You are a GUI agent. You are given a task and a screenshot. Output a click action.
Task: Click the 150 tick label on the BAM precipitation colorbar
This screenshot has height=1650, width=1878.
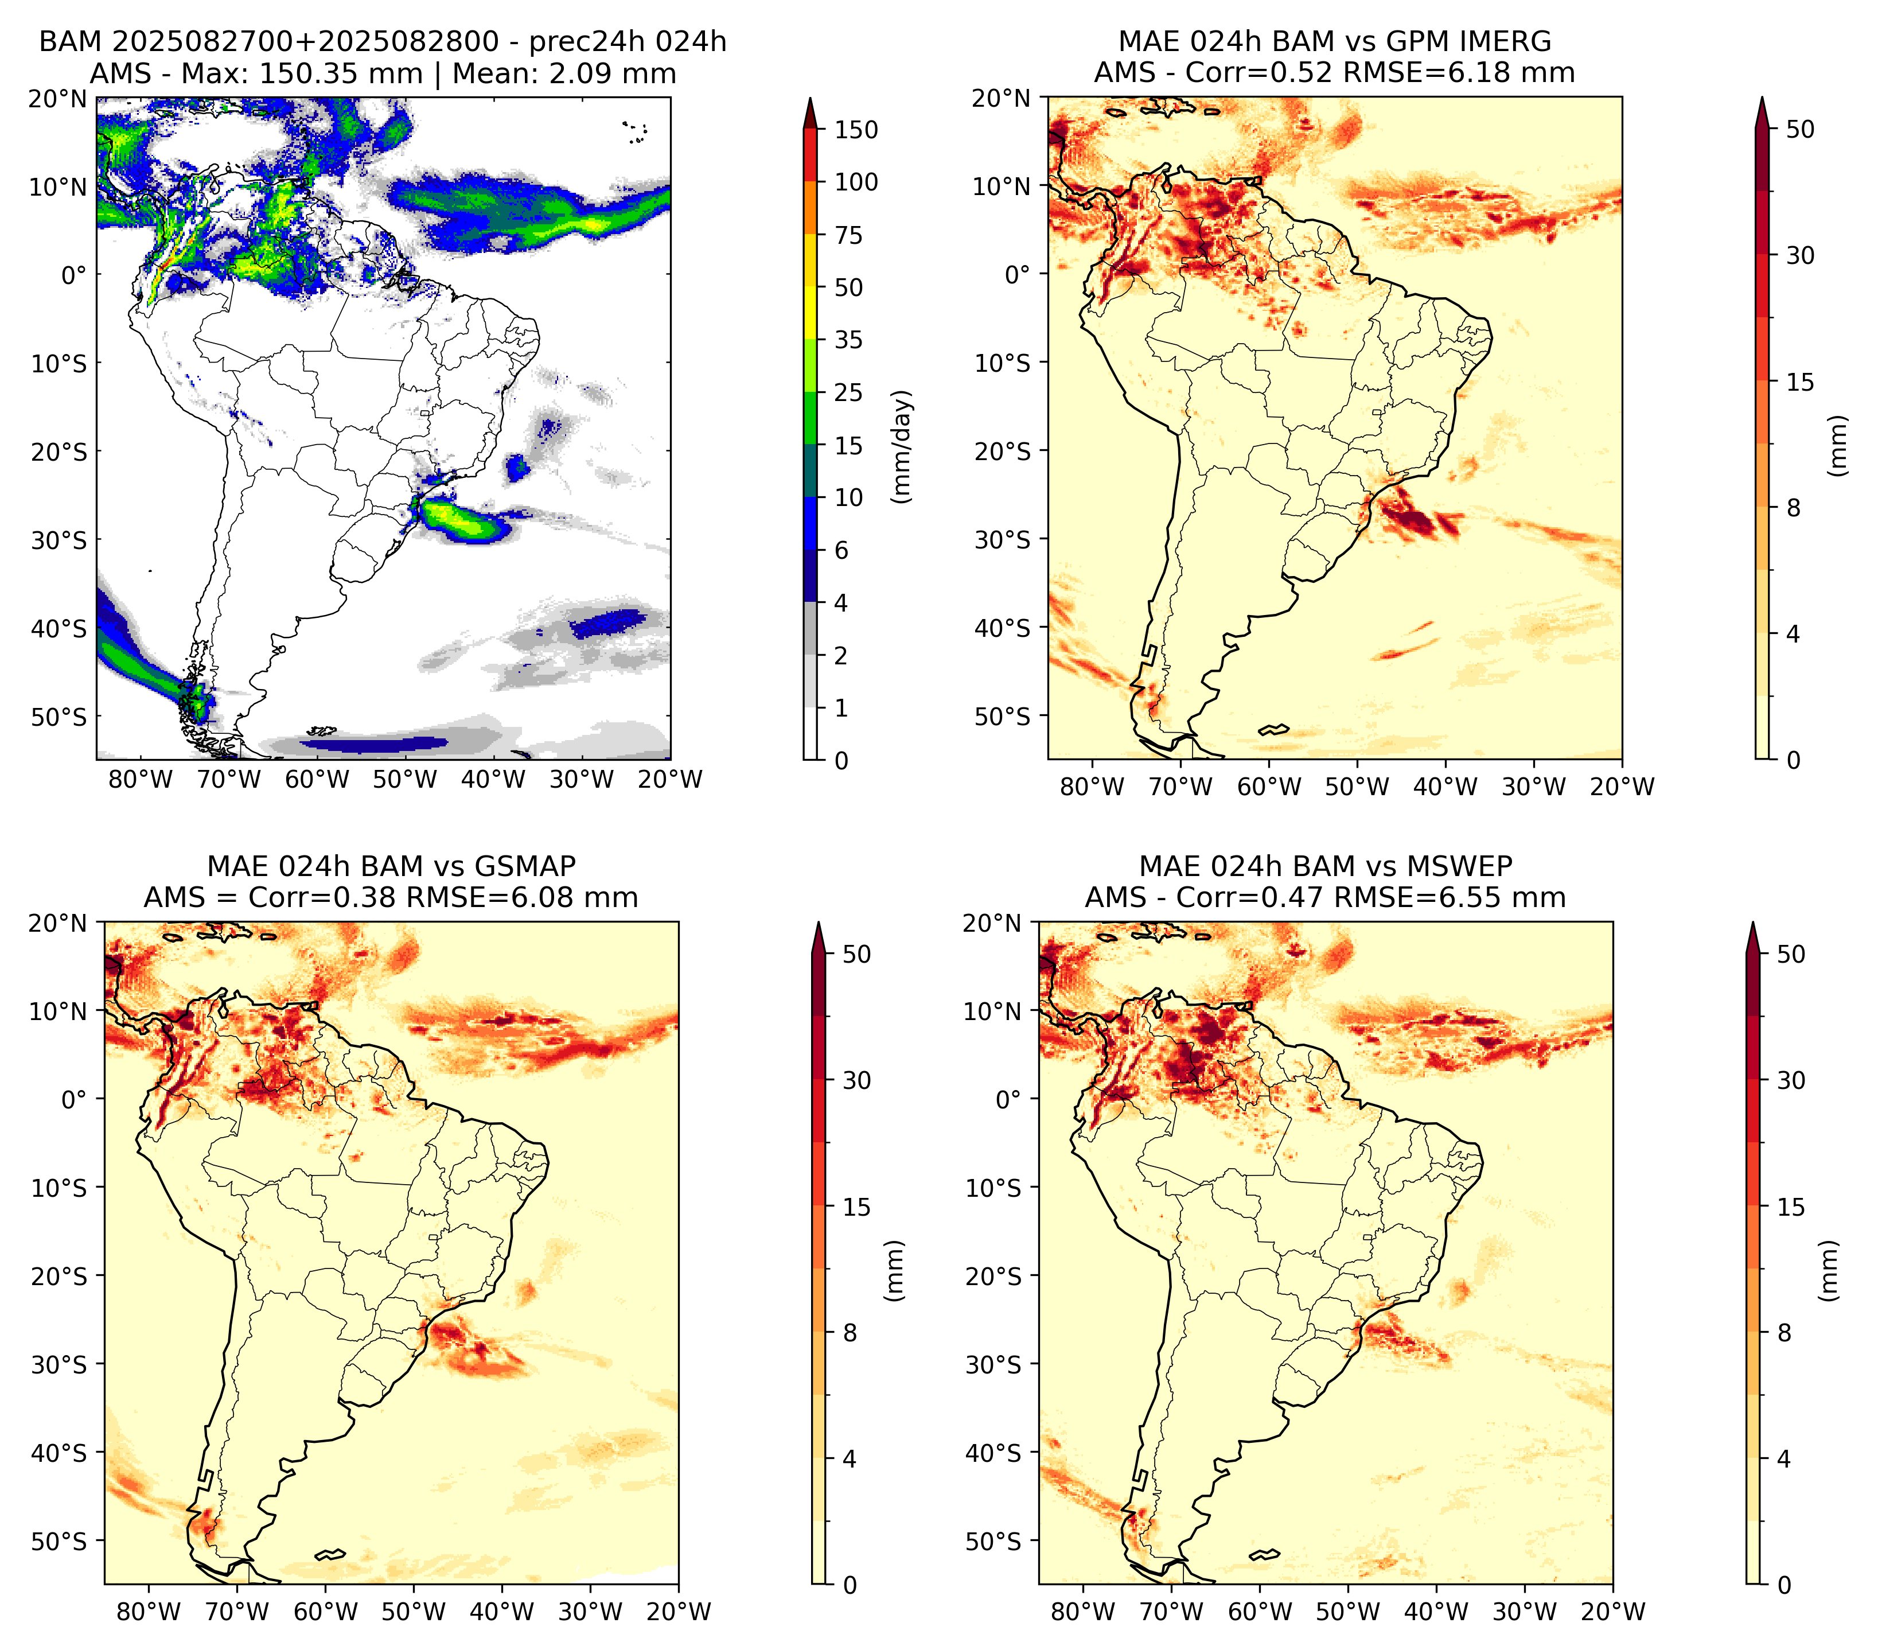[x=856, y=130]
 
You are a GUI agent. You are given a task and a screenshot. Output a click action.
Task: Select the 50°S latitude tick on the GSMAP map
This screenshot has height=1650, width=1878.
[x=60, y=1540]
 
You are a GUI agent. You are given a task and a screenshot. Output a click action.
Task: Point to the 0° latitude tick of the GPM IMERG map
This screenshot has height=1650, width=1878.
[x=1017, y=274]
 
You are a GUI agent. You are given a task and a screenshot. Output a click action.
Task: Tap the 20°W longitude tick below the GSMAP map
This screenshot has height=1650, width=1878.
[x=679, y=1612]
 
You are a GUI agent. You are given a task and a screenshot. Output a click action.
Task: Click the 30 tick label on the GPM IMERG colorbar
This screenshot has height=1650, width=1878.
[x=1801, y=255]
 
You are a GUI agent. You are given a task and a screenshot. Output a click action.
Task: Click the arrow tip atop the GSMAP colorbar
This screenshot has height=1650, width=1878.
[x=819, y=923]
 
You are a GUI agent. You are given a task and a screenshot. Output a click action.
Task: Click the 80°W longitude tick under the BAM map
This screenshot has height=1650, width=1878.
[x=141, y=779]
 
